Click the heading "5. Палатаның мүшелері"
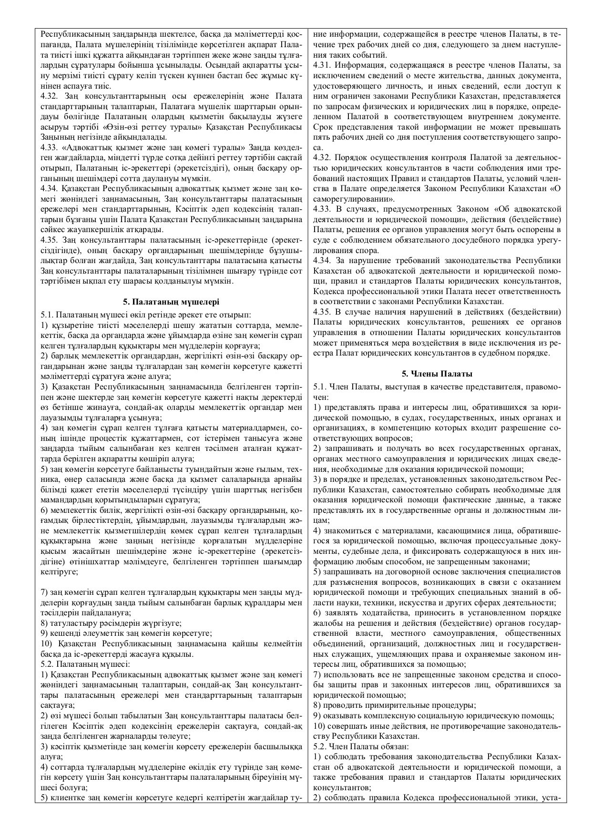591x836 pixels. click(x=171, y=302)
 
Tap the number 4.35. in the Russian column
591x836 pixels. click(x=323, y=312)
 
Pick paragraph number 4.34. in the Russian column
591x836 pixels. click(x=323, y=260)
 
